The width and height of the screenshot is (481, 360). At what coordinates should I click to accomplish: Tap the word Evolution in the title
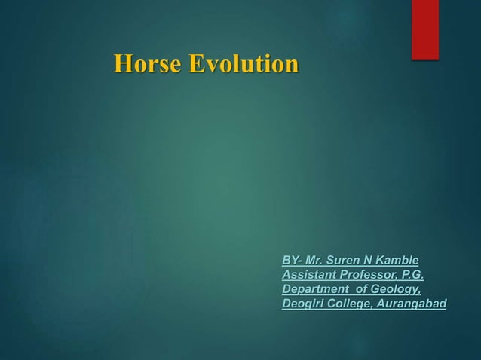tap(243, 64)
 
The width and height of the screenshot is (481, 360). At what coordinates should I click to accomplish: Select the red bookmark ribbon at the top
tap(424, 29)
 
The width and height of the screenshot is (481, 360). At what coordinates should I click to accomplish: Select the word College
tap(351, 304)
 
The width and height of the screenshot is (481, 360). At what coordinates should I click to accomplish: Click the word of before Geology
tap(361, 289)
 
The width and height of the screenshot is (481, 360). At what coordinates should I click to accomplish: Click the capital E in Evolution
tap(195, 64)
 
